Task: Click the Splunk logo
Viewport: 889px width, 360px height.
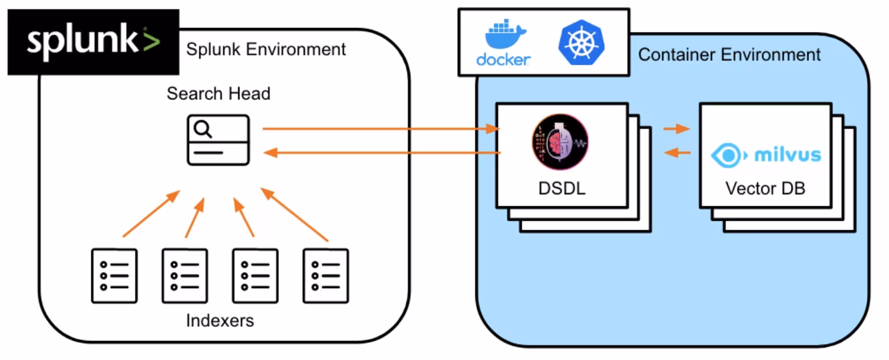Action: (x=93, y=42)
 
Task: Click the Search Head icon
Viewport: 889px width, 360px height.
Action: (x=218, y=140)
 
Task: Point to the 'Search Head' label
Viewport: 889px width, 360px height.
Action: (x=218, y=94)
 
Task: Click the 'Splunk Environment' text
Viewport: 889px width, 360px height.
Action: (x=266, y=50)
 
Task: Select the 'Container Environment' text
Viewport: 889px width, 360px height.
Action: (x=729, y=55)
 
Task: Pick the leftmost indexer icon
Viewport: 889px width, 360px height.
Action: (x=114, y=276)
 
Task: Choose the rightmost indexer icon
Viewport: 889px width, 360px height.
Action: (x=326, y=276)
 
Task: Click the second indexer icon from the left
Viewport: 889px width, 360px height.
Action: (x=185, y=276)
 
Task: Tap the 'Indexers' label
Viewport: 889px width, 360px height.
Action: (x=220, y=321)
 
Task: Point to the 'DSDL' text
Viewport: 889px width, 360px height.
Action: (x=562, y=189)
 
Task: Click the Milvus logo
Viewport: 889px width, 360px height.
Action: (x=766, y=154)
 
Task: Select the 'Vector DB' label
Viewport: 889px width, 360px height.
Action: (x=765, y=189)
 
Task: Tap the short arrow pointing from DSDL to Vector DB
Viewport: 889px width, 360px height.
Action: (x=676, y=129)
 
